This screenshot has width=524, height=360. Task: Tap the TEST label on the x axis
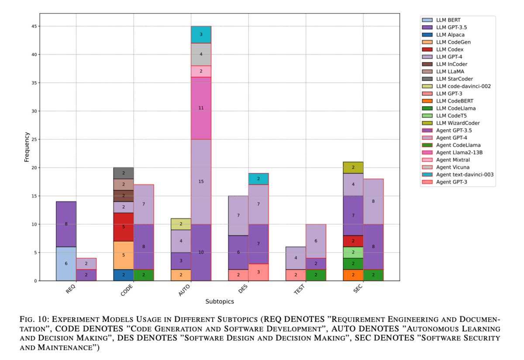300,290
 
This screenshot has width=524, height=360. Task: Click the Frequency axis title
27,147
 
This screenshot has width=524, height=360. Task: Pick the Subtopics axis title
220,301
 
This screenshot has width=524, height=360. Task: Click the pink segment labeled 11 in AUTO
201,108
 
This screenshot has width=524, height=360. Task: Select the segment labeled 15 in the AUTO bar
201,182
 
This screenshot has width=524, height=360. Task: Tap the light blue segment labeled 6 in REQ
66,264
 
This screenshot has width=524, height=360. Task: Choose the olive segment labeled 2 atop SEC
353,168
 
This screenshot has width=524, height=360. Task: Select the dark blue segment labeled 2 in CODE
124,275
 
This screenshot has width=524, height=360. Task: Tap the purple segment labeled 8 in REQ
66,224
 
